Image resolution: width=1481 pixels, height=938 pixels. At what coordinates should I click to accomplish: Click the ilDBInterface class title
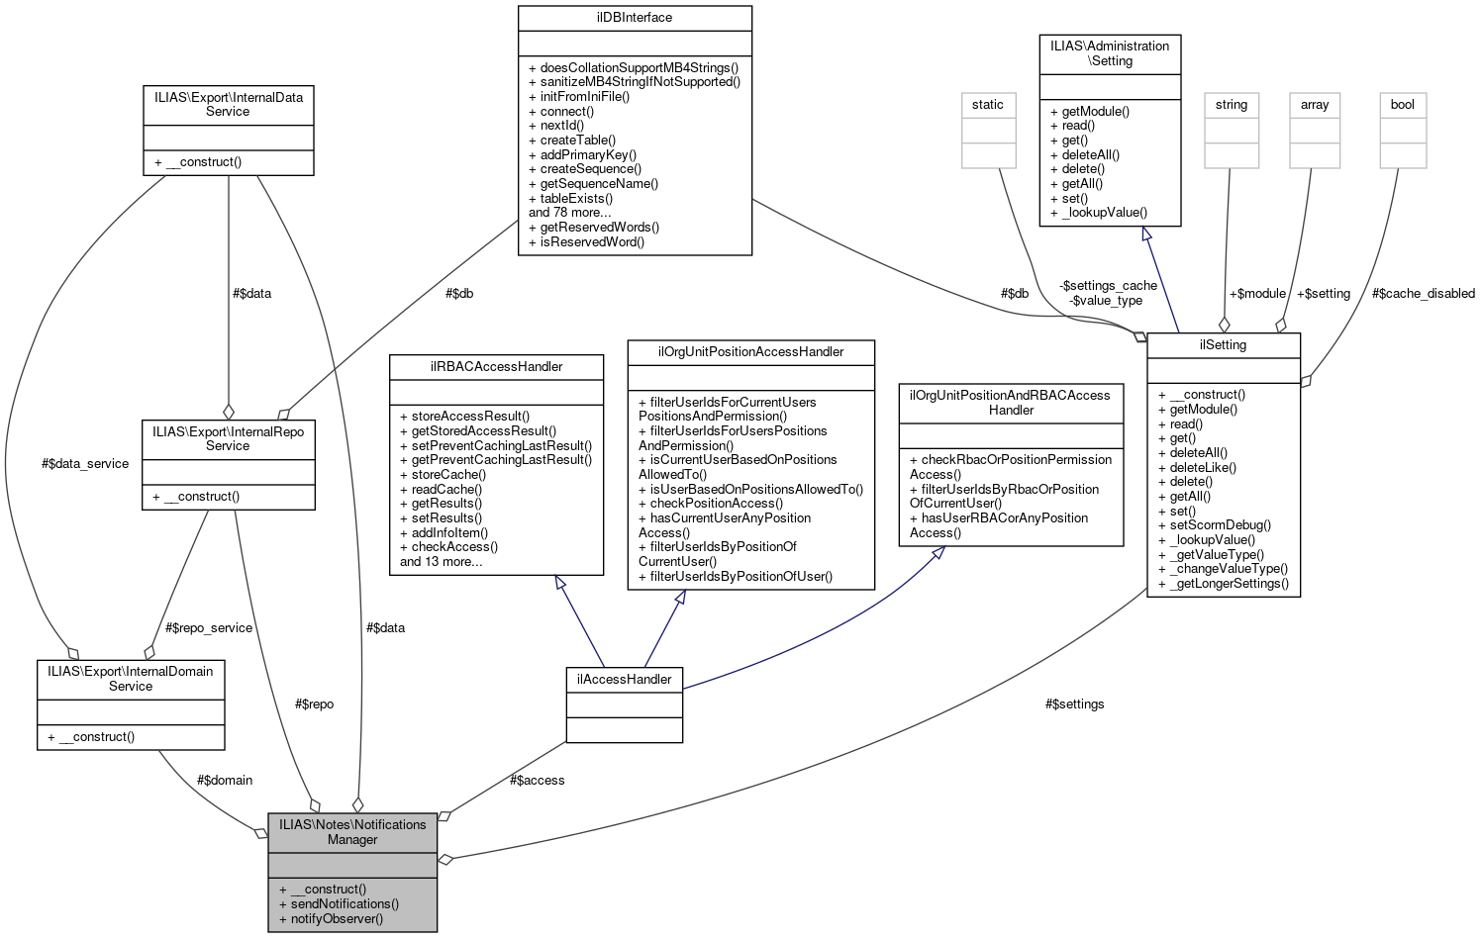(x=635, y=17)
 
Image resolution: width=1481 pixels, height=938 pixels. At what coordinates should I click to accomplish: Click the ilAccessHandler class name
(x=624, y=679)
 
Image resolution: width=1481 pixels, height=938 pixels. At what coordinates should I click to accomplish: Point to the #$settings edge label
(x=1074, y=703)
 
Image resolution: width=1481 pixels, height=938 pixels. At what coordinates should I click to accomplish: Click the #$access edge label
(x=537, y=780)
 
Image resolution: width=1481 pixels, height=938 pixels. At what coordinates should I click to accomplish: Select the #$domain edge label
(x=224, y=780)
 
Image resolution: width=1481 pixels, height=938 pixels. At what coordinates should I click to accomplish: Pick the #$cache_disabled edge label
(x=1423, y=293)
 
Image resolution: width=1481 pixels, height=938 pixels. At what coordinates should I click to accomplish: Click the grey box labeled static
(x=988, y=105)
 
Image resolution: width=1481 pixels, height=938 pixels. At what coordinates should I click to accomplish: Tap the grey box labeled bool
(x=1403, y=105)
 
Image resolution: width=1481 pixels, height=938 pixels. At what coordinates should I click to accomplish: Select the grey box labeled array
(x=1315, y=105)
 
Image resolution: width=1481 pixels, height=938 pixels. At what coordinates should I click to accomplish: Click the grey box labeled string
(x=1232, y=105)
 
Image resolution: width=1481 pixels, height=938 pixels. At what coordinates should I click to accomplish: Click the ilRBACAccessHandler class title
(x=496, y=366)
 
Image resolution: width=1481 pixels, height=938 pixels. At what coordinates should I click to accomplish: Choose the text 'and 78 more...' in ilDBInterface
(x=569, y=212)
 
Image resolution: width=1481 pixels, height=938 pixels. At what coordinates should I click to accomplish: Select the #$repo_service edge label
(x=208, y=627)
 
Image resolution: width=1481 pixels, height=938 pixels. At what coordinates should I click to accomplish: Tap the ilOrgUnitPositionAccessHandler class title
(x=750, y=351)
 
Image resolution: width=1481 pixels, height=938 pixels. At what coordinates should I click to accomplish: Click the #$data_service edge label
(x=85, y=463)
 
